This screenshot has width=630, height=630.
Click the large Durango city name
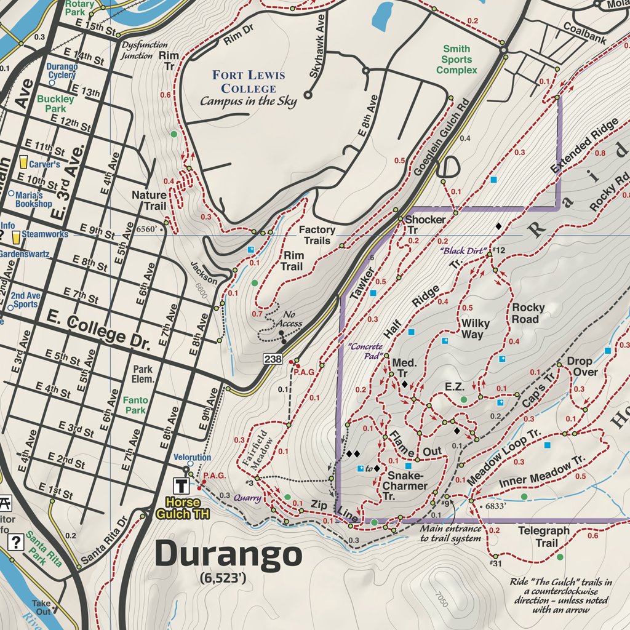click(228, 555)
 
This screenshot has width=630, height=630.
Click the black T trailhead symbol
click(182, 484)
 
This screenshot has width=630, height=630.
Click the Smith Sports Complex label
click(457, 60)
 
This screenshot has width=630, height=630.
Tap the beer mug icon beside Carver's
click(24, 162)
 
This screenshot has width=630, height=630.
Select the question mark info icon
click(16, 542)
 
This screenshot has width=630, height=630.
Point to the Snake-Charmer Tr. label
click(404, 481)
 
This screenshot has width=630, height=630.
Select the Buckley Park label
click(55, 103)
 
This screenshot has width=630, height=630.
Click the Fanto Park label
click(135, 405)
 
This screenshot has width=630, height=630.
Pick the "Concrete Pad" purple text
click(365, 351)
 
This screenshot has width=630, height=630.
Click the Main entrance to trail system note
click(450, 533)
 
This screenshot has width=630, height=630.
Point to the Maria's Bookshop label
click(33, 198)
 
